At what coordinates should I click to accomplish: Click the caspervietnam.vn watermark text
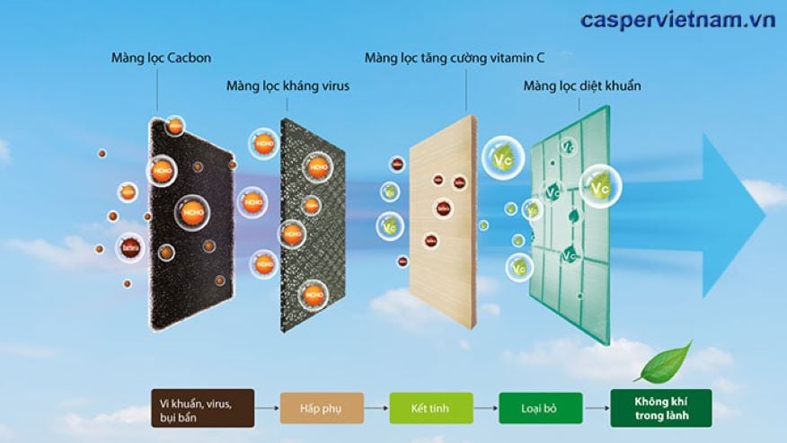point(677,19)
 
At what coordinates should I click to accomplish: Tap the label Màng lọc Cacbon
point(160,58)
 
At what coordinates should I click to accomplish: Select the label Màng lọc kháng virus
point(287,86)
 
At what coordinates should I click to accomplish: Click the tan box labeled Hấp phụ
point(321,407)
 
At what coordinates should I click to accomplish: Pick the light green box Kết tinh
point(430,407)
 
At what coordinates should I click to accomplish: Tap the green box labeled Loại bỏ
point(538,407)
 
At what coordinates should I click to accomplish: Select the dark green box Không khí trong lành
point(660,407)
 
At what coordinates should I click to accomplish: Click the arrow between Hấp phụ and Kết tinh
point(376,407)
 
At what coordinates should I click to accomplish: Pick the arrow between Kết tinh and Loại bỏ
point(485,407)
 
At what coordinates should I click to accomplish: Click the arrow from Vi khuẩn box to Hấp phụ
point(267,407)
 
